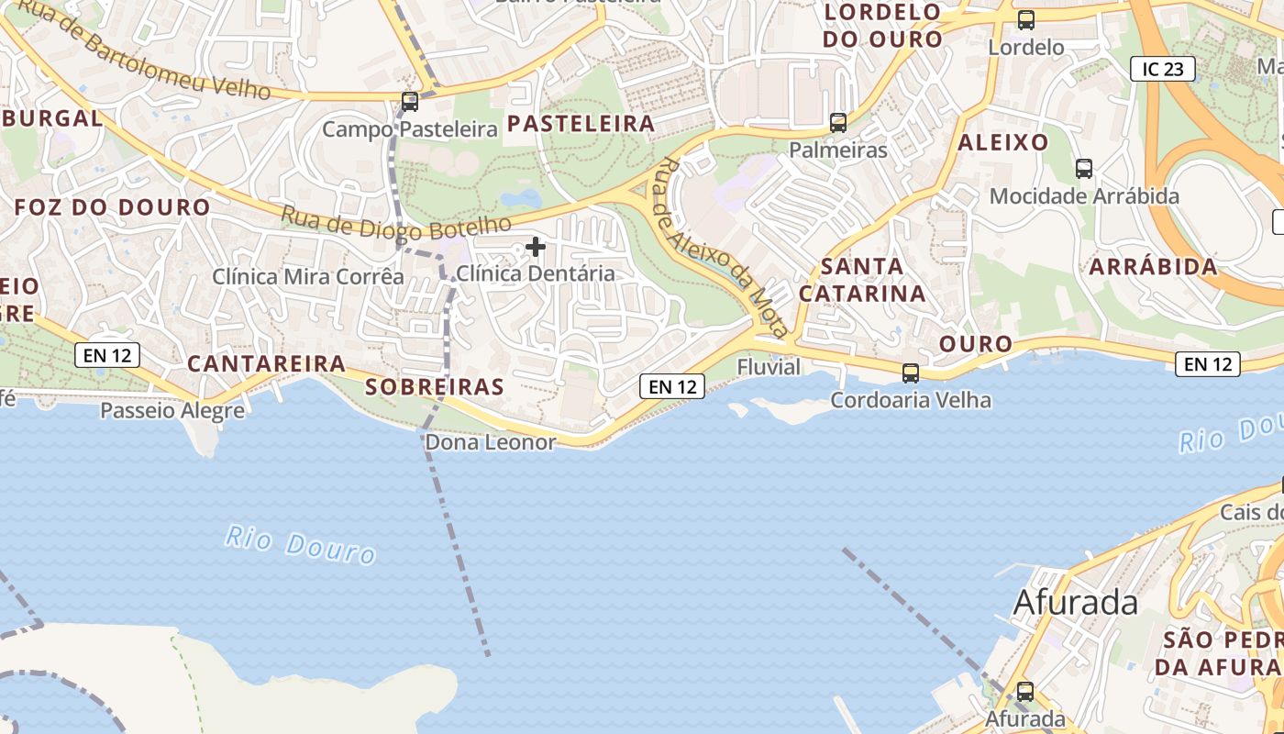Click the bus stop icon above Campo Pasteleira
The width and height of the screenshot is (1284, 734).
[410, 102]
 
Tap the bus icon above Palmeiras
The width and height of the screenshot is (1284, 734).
[837, 122]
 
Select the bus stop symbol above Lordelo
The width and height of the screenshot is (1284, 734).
[1025, 19]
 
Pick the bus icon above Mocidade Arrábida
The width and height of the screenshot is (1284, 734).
[1084, 168]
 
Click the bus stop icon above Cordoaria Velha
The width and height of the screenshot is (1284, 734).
[910, 373]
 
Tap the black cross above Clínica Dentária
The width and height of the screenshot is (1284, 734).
[536, 246]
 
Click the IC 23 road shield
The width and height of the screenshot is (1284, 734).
[1162, 68]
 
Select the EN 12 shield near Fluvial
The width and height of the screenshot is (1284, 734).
[672, 386]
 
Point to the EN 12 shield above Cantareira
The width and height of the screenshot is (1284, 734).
[107, 355]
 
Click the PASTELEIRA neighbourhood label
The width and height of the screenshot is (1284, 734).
[581, 124]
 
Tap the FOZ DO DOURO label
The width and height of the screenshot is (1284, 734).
[113, 207]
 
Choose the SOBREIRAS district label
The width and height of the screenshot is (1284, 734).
[435, 387]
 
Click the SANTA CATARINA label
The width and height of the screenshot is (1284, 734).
[861, 280]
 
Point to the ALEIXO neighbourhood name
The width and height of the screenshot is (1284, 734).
[1002, 142]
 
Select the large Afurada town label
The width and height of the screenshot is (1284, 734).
[1075, 603]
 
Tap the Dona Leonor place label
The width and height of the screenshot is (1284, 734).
[491, 442]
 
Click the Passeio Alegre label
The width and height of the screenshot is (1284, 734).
[172, 410]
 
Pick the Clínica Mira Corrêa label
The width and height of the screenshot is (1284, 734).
[308, 276]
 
